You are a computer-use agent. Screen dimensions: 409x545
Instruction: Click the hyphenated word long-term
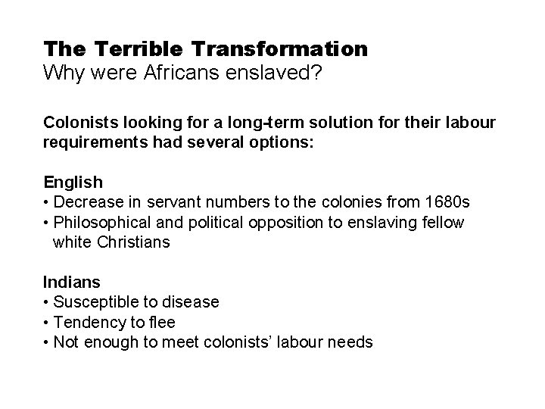239,122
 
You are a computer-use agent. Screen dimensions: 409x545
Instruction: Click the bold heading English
73,183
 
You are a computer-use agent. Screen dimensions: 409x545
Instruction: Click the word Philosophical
105,223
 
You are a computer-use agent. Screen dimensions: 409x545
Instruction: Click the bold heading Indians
71,283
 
